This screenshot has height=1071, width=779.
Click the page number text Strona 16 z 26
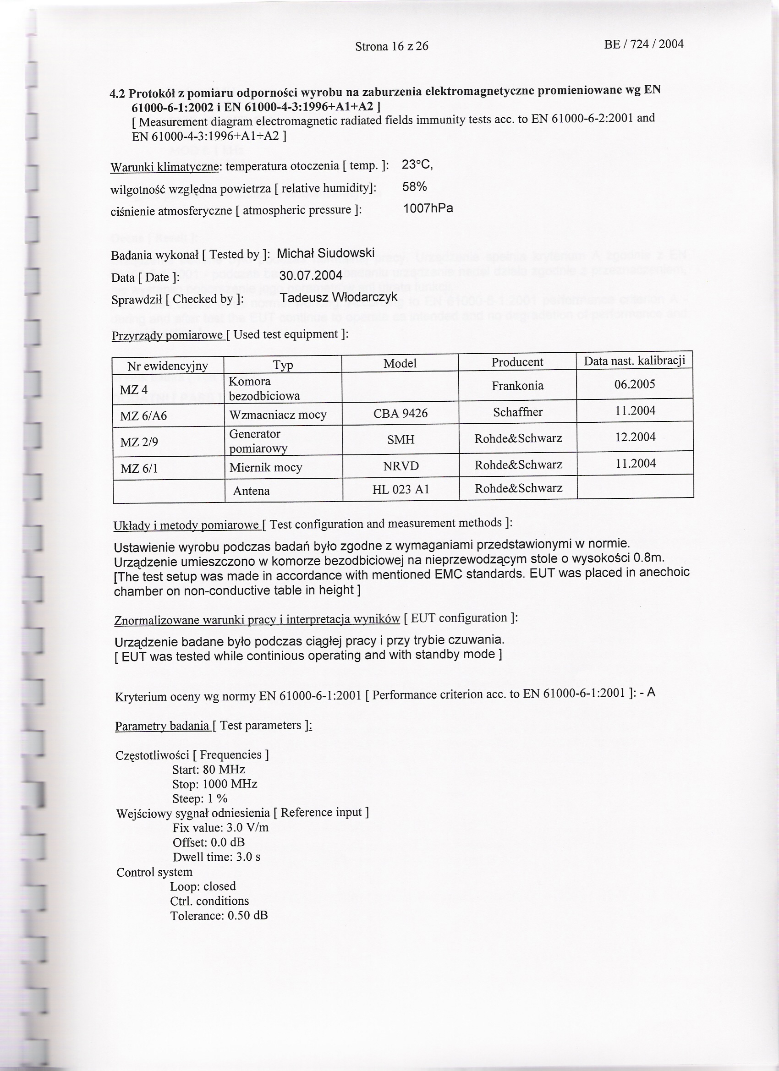pos(392,46)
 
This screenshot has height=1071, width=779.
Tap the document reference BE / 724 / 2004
pos(643,44)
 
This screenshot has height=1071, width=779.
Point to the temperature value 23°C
pos(417,165)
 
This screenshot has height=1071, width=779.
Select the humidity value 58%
pos(414,187)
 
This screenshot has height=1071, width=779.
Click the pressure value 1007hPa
pos(428,208)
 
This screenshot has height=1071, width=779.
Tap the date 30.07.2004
pos(311,275)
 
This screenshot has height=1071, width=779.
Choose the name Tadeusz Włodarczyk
pos(338,298)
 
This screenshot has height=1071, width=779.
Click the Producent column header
pos(517,362)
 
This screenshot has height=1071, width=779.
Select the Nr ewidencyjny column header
pos(168,366)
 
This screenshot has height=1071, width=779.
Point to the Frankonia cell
pos(517,386)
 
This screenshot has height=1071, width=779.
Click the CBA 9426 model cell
pos(400,414)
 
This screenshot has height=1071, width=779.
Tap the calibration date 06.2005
pos(635,384)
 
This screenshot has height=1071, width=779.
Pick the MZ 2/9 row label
pos(139,442)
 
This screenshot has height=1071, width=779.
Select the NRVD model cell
pos(400,466)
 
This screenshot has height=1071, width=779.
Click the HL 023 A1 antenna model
pos(400,490)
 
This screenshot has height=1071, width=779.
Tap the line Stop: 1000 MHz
pos(215,784)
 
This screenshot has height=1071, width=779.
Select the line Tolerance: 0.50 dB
pos(219,915)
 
